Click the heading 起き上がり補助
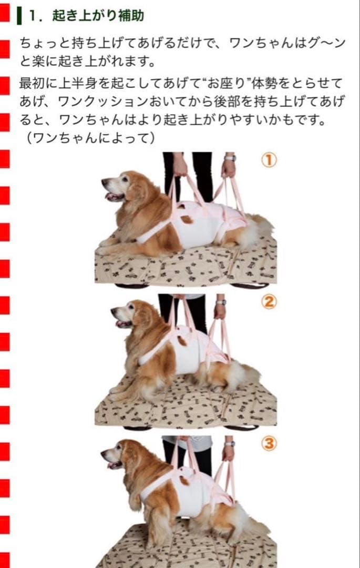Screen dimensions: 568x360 (98, 15)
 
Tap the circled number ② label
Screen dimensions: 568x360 (269, 302)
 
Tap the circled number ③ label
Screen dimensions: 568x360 (269, 444)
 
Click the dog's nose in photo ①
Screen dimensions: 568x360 (104, 181)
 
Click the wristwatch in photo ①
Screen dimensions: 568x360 (230, 157)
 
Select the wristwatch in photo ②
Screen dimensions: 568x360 (221, 302)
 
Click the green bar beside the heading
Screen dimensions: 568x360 (19, 15)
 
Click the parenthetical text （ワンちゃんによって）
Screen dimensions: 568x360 (90, 138)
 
